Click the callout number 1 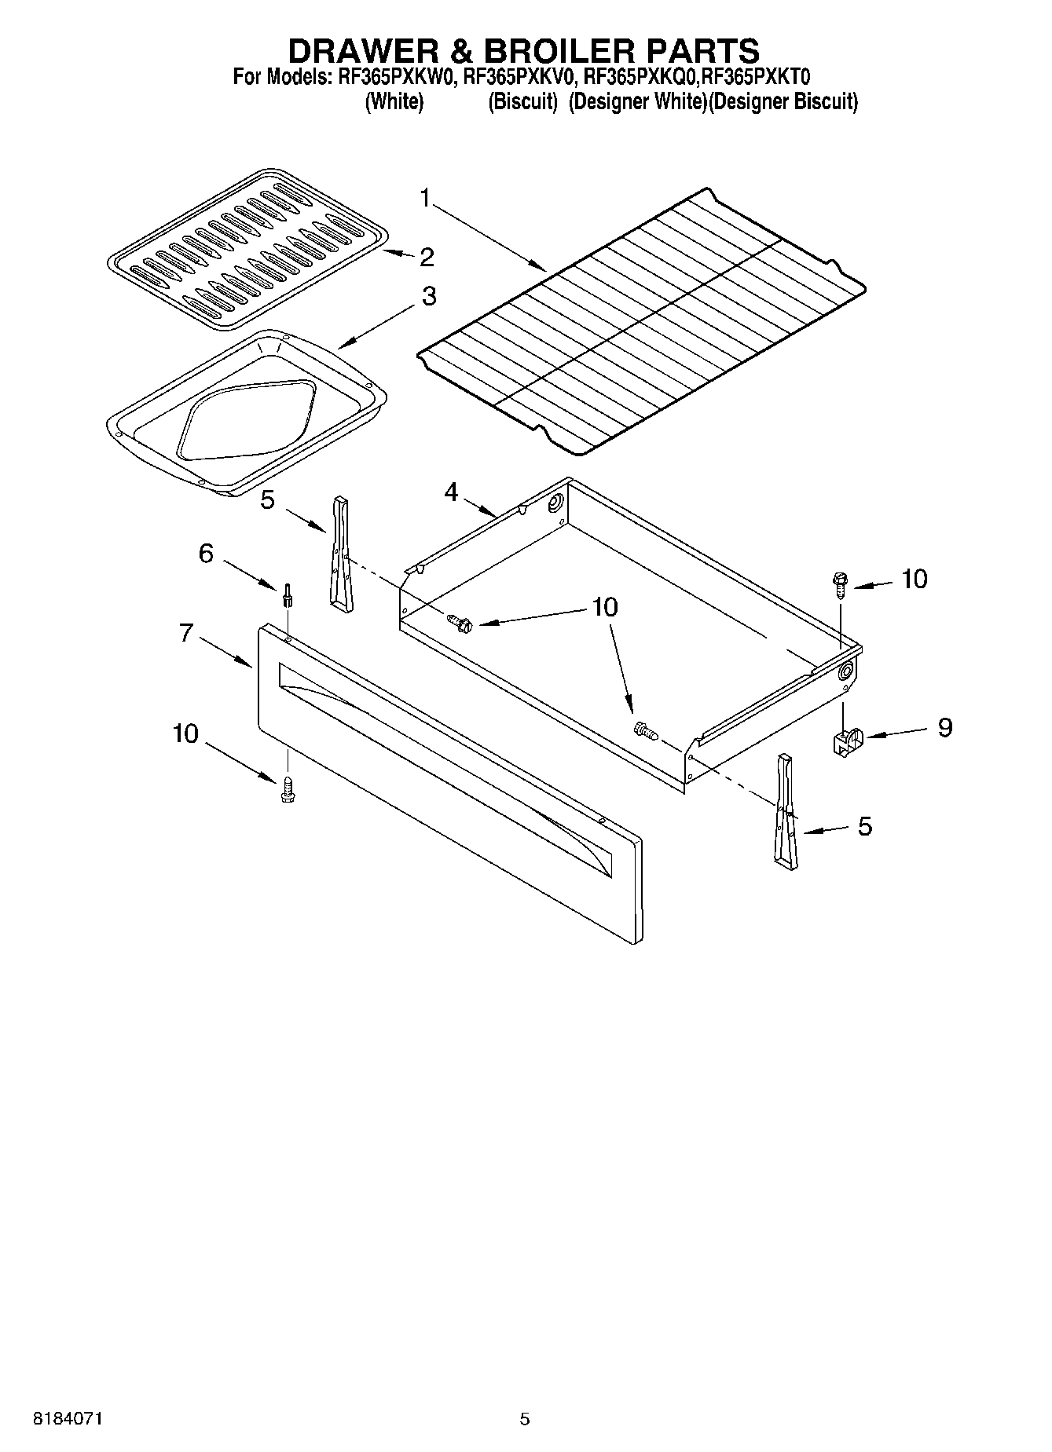coord(424,198)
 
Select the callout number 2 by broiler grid coord(426,257)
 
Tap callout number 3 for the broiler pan coord(428,297)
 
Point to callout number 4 coord(451,492)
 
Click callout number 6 coord(205,554)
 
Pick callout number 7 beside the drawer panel coord(186,632)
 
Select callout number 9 coord(944,727)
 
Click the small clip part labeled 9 coord(847,740)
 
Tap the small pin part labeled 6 coord(288,594)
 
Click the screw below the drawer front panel coord(287,788)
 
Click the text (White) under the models coord(394,102)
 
